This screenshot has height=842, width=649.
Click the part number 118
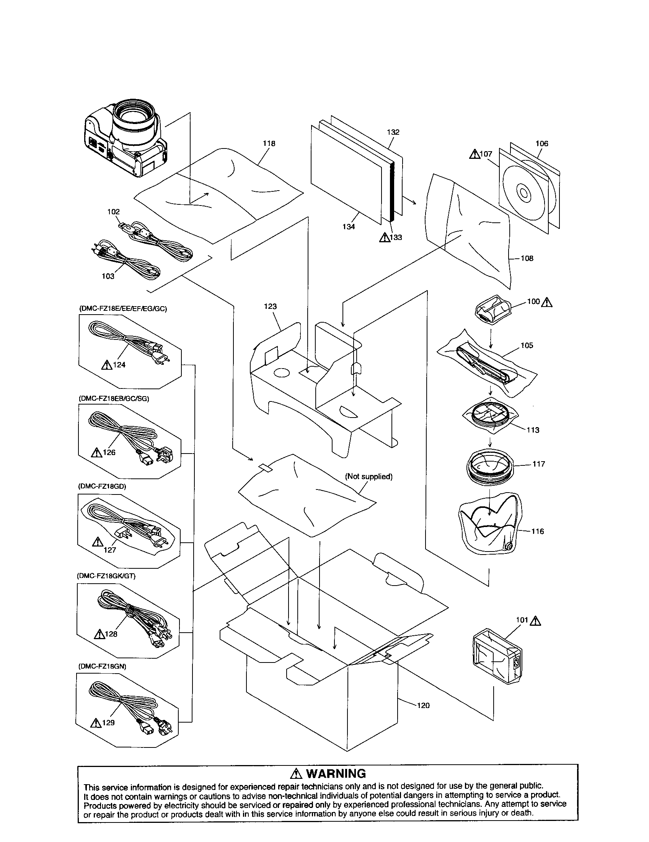click(x=269, y=144)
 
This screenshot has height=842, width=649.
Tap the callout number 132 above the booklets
click(x=393, y=132)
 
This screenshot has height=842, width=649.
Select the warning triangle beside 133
click(x=384, y=238)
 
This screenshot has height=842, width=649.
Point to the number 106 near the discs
click(x=541, y=144)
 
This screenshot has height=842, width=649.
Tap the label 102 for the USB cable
click(x=113, y=212)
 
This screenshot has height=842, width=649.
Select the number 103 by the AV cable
click(x=108, y=276)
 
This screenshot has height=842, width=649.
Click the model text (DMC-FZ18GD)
click(x=102, y=486)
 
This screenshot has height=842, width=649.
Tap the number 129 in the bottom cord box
click(x=108, y=723)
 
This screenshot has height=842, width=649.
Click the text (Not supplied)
click(x=369, y=476)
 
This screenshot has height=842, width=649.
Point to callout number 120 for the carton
click(x=423, y=705)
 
